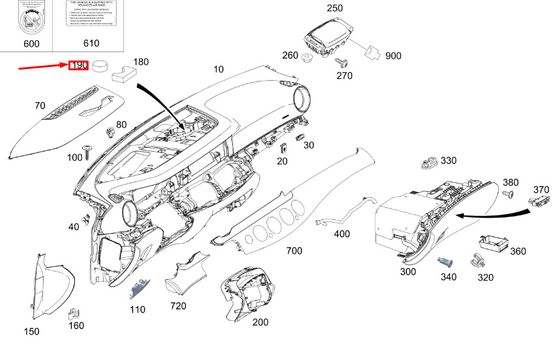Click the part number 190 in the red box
tap(79, 66)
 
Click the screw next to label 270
tap(340, 62)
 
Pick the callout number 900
tap(393, 56)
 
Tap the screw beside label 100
tap(89, 152)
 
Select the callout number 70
tap(40, 105)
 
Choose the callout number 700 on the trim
tap(294, 251)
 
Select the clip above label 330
tap(429, 161)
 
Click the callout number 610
tap(91, 44)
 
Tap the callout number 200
tap(260, 322)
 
